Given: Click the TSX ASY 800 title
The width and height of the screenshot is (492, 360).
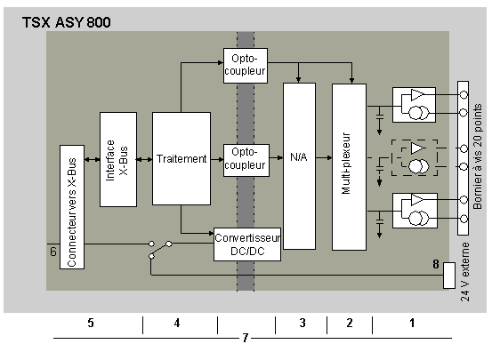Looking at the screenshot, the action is pyautogui.click(x=66, y=22).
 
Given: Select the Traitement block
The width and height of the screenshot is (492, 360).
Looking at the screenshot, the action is pyautogui.click(x=181, y=159).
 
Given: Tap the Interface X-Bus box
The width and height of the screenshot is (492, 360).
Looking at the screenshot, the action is pyautogui.click(x=118, y=160).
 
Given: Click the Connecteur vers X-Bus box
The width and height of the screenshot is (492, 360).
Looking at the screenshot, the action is pyautogui.click(x=72, y=207).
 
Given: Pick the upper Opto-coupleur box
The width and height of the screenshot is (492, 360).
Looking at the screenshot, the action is pyautogui.click(x=246, y=66).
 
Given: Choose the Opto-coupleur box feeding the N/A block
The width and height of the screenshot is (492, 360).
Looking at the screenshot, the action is pyautogui.click(x=246, y=160).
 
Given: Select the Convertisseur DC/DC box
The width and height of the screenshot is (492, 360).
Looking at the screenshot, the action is pyautogui.click(x=247, y=244).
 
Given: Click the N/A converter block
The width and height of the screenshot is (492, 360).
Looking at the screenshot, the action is pyautogui.click(x=299, y=166).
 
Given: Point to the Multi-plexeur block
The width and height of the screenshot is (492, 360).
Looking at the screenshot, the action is pyautogui.click(x=349, y=167).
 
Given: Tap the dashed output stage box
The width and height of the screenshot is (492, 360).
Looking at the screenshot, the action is pyautogui.click(x=415, y=157).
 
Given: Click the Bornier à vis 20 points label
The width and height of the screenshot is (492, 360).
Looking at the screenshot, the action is pyautogui.click(x=477, y=156).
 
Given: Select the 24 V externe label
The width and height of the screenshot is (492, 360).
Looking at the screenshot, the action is pyautogui.click(x=465, y=272).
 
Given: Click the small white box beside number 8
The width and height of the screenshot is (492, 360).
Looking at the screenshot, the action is pyautogui.click(x=449, y=276).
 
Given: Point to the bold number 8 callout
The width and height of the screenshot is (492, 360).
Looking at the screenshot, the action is pyautogui.click(x=436, y=264).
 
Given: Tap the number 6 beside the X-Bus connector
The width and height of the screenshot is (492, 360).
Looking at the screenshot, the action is pyautogui.click(x=53, y=252).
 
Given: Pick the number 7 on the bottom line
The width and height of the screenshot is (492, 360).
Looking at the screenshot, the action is pyautogui.click(x=246, y=338).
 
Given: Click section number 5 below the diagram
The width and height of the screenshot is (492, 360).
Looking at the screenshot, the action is pyautogui.click(x=91, y=323).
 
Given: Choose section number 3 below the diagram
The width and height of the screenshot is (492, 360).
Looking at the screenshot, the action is pyautogui.click(x=302, y=323).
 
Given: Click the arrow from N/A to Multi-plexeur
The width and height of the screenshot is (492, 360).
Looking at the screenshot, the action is pyautogui.click(x=324, y=157).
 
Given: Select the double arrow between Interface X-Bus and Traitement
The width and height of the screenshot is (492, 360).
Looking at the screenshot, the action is pyautogui.click(x=144, y=160).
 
